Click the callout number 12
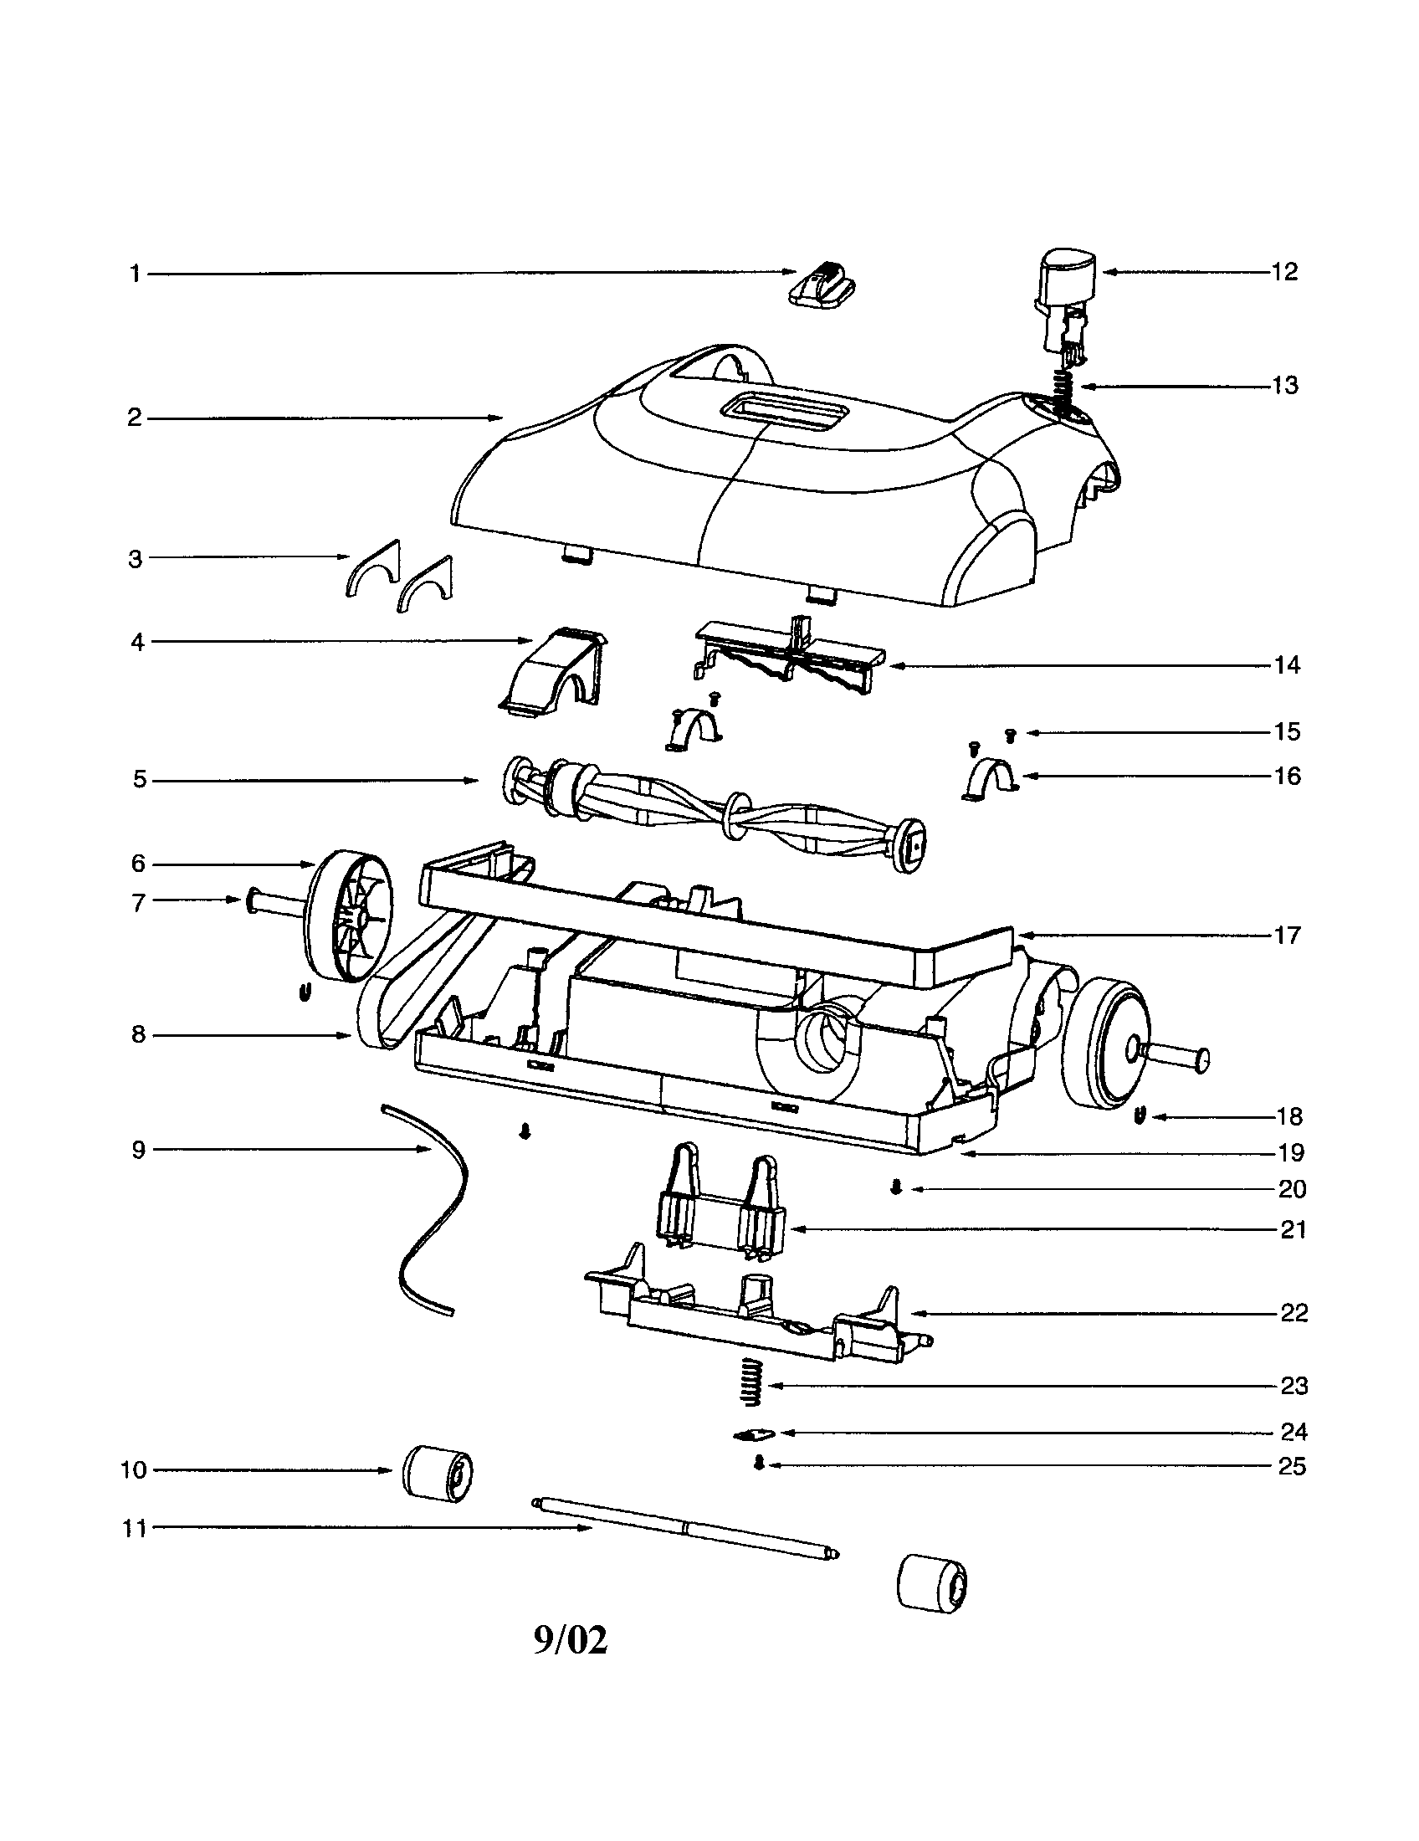1284,272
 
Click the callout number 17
1287,936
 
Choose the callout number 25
1292,1467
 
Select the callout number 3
135,559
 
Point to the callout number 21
1293,1230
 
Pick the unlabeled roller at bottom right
931,1584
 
